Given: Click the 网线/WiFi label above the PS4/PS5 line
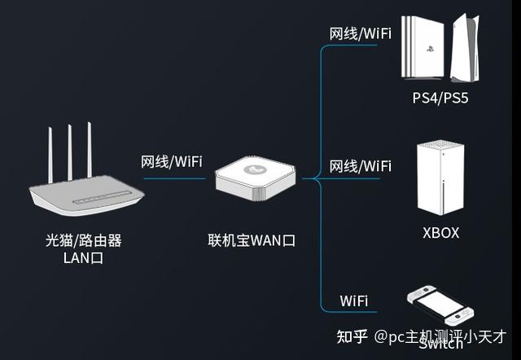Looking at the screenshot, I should (x=360, y=33).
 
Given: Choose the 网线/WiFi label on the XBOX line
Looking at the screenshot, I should (x=360, y=166).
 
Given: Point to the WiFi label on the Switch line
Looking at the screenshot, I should (x=354, y=301).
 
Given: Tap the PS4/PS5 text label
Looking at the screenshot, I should (x=440, y=99).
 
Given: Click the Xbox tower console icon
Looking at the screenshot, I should (x=440, y=178).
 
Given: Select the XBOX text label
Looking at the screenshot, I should (x=440, y=233).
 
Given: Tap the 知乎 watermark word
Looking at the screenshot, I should (x=352, y=336).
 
